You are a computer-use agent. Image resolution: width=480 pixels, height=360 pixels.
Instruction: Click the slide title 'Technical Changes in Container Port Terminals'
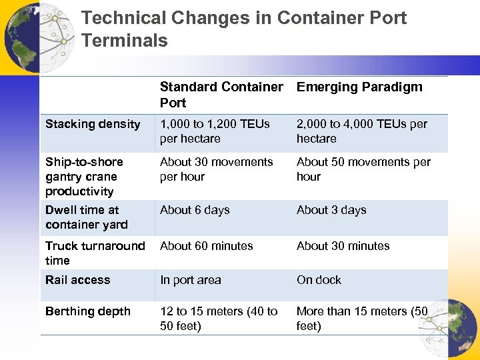[x=243, y=29]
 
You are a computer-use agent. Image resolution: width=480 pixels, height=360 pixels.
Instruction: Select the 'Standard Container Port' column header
[x=221, y=95]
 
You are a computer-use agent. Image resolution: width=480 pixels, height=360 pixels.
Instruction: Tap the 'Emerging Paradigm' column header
[x=359, y=87]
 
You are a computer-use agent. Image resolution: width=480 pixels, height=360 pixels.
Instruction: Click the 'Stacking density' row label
[x=93, y=124]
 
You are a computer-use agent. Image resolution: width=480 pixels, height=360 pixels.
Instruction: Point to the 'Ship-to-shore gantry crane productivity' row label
[x=84, y=177]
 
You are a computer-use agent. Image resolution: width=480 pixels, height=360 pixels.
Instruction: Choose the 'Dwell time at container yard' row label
[x=86, y=217]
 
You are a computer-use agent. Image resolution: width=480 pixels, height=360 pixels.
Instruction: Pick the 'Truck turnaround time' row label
[x=95, y=253]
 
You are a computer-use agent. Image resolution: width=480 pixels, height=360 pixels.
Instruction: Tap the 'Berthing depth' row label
[x=87, y=311]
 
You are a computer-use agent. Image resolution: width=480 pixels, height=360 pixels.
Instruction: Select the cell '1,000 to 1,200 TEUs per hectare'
[x=215, y=131]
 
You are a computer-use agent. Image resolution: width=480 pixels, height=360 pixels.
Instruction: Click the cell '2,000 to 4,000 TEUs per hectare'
[x=362, y=131]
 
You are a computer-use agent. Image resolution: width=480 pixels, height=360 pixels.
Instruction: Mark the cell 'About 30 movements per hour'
[x=216, y=169]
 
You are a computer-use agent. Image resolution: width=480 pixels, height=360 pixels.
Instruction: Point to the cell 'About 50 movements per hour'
[x=363, y=169]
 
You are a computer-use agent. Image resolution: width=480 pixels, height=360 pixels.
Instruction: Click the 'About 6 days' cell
[x=194, y=210]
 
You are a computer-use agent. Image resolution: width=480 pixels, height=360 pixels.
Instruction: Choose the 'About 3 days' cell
[x=331, y=210]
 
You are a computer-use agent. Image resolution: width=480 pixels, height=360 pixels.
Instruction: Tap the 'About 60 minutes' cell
[x=206, y=246]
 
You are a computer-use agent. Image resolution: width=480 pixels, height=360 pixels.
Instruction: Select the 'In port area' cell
[x=190, y=280]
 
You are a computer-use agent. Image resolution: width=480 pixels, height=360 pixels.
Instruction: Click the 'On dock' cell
[x=319, y=280]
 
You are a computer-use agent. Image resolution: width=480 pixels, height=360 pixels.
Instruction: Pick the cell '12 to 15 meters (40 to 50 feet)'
[x=219, y=319]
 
